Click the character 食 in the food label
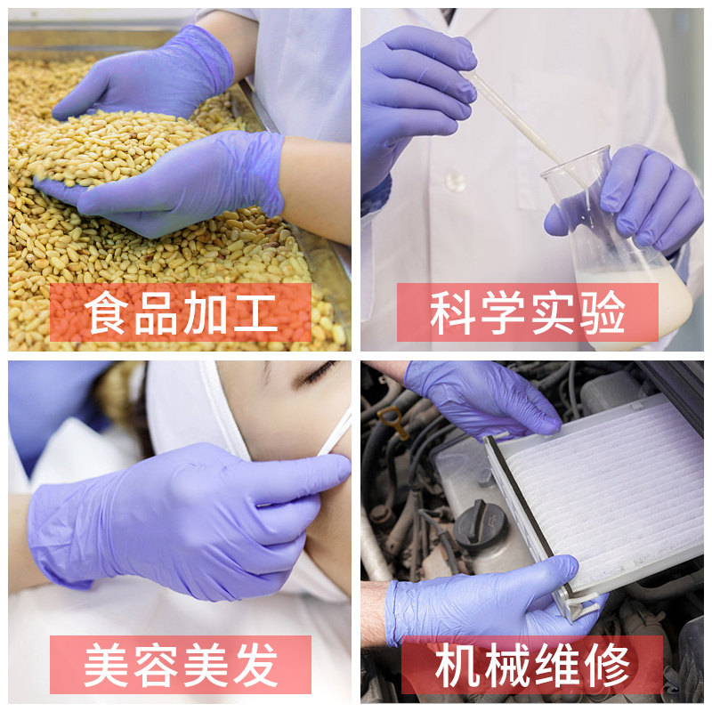pos(107,313)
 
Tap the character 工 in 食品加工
pos(255,313)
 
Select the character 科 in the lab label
pos(452,313)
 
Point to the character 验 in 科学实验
pos(603,313)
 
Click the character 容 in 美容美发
pos(157,665)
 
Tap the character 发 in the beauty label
pos(255,665)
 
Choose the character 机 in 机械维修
pos(457,665)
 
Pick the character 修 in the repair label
pos(607,665)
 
